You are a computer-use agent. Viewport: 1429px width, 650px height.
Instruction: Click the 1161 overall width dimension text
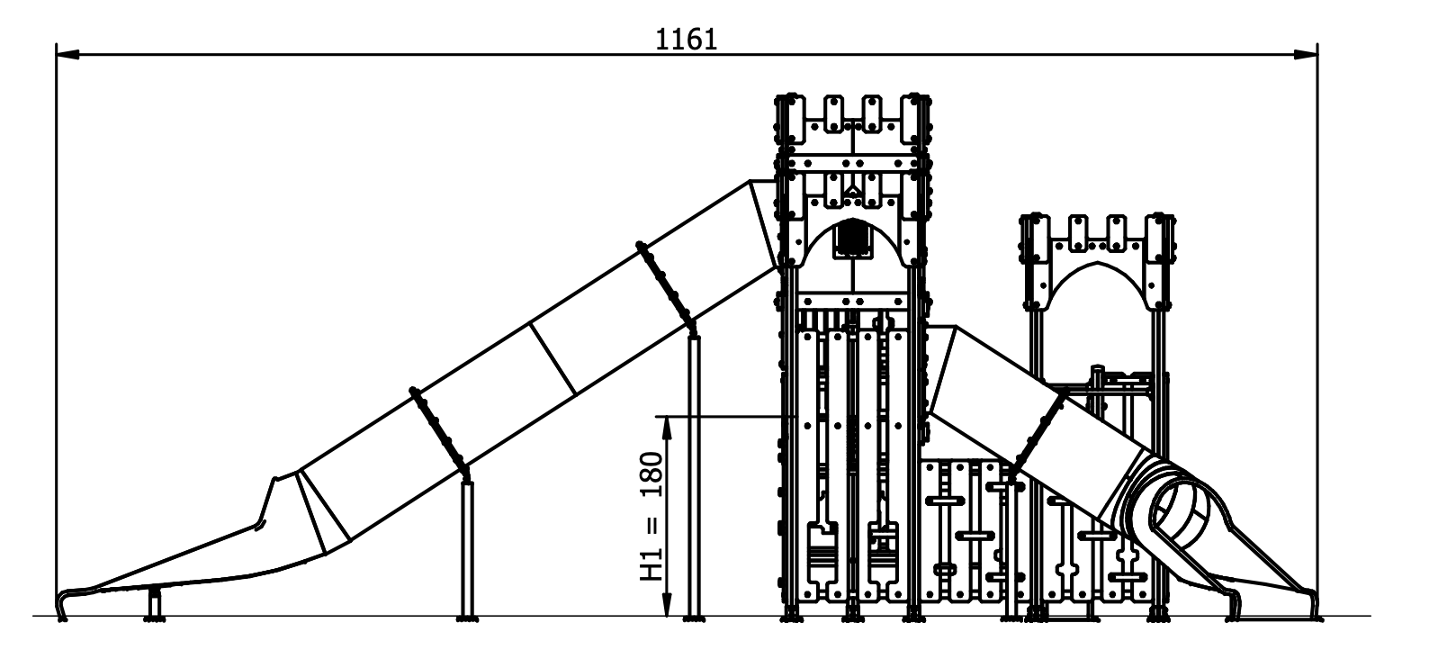pos(686,40)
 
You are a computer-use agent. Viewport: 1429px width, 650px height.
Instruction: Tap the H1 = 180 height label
pos(652,516)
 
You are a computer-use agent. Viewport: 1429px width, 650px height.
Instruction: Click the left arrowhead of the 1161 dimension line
pos(67,54)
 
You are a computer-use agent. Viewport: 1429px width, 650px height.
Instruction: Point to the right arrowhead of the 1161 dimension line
pos(1306,54)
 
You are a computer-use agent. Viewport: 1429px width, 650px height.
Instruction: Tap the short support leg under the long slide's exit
pos(154,603)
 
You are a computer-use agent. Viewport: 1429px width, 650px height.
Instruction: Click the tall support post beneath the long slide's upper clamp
pos(694,476)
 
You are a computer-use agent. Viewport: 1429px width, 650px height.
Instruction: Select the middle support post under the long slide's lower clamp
pos(468,550)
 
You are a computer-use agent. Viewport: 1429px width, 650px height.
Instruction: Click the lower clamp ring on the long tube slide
pos(440,430)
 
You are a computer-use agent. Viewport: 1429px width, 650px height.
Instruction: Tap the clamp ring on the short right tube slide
pos(1038,437)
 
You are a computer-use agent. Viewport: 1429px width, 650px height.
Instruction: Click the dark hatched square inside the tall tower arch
pos(853,239)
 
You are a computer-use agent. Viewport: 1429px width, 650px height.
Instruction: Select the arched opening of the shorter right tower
pos(1097,285)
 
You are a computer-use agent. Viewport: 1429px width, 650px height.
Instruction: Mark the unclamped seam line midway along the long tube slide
pos(553,358)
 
